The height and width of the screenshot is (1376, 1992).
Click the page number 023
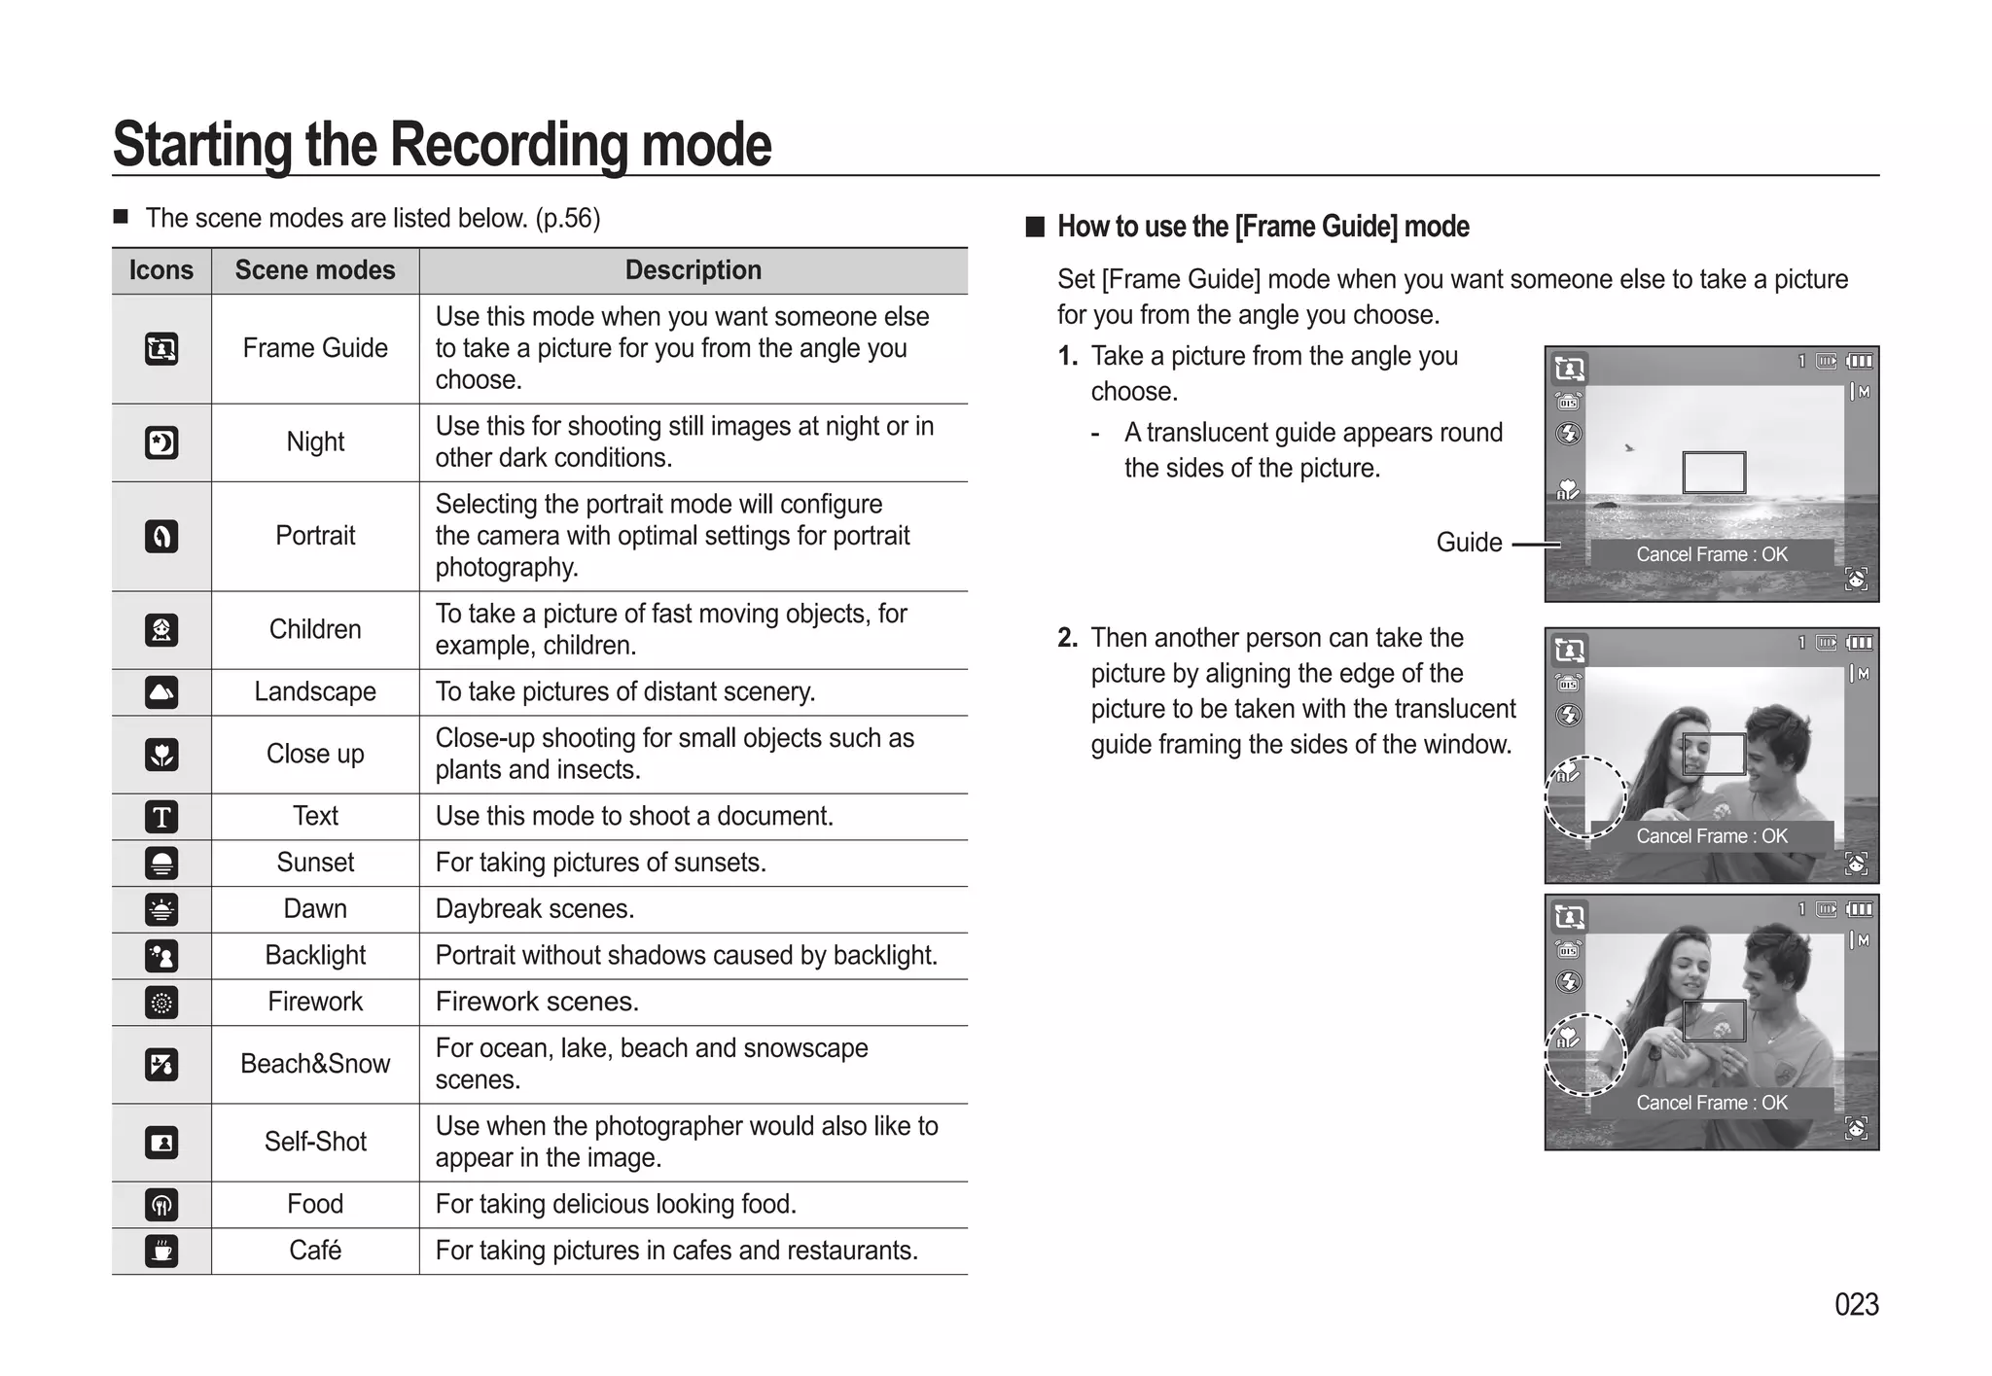point(1856,1304)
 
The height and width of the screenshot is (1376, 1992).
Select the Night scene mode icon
point(161,442)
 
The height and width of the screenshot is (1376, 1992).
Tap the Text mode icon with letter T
point(161,817)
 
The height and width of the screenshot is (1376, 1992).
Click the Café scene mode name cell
point(315,1251)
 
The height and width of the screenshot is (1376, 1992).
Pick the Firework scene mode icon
point(161,1003)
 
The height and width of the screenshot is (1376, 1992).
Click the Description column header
point(693,270)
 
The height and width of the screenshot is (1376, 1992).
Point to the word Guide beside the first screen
point(1469,543)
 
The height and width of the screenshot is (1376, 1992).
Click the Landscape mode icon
point(161,692)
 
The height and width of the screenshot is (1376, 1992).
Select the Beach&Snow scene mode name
point(315,1064)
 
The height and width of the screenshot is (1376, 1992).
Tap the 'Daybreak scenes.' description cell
point(535,909)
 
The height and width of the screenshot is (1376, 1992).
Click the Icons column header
point(161,270)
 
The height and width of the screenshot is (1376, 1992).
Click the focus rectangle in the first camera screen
point(1714,473)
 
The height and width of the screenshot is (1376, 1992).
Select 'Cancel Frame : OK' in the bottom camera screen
point(1711,1103)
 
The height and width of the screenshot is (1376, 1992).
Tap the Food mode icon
point(161,1205)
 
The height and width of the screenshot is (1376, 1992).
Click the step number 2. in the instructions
point(1067,638)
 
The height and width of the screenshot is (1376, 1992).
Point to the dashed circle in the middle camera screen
point(1585,797)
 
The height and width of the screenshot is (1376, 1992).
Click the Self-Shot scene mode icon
point(161,1143)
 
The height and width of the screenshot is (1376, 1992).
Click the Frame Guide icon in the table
point(161,348)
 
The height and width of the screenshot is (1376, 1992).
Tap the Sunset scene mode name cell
point(315,863)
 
